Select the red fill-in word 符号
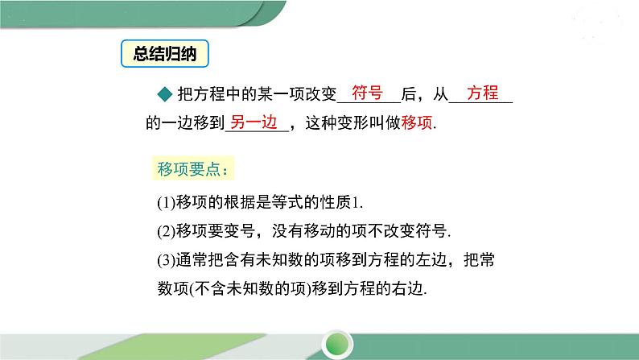(367, 93)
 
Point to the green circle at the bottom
(337, 346)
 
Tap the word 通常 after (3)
(192, 260)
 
